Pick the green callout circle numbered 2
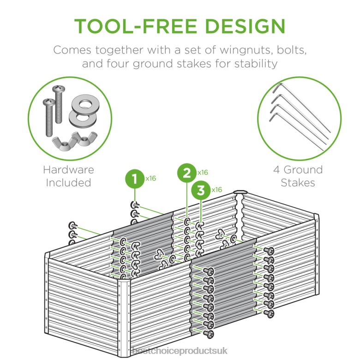coord(186,174)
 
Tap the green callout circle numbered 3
coord(201,191)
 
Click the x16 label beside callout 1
coord(150,178)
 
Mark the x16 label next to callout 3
coord(216,189)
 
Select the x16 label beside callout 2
coord(203,172)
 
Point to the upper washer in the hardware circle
coord(84,103)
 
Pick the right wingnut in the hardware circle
coord(83,138)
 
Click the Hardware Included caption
coord(68,176)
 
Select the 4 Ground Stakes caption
coord(298,176)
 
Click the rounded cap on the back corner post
coord(240,192)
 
